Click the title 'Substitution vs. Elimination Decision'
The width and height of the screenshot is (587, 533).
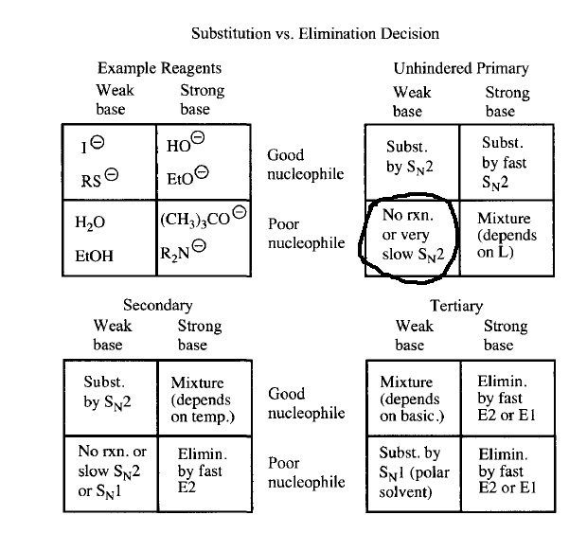pos(315,34)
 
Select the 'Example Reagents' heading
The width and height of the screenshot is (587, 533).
pos(159,68)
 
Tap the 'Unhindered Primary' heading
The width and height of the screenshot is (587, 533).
pos(461,68)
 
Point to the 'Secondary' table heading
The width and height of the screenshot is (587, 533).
pos(158,305)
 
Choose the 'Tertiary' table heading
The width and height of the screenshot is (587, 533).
pos(456,306)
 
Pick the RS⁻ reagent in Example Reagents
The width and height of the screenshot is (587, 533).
pos(99,178)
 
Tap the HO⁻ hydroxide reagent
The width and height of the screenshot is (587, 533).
pos(186,142)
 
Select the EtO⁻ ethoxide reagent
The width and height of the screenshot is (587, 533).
pos(187,175)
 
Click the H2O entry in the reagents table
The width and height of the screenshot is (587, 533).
pos(90,222)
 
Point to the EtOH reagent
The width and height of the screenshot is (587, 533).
pos(94,256)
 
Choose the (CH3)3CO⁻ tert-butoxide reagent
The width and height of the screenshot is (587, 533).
pos(204,217)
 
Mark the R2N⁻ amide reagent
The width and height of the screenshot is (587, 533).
pos(183,251)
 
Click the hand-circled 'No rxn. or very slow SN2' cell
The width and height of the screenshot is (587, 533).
pos(413,235)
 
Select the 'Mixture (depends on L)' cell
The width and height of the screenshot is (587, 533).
pos(507,235)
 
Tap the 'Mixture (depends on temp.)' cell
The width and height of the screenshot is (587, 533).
pos(203,400)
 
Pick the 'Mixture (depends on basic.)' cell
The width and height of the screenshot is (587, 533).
pos(412,399)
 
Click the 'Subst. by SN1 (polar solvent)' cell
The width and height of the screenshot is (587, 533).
pos(414,472)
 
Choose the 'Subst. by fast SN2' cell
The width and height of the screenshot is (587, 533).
pos(504,164)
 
